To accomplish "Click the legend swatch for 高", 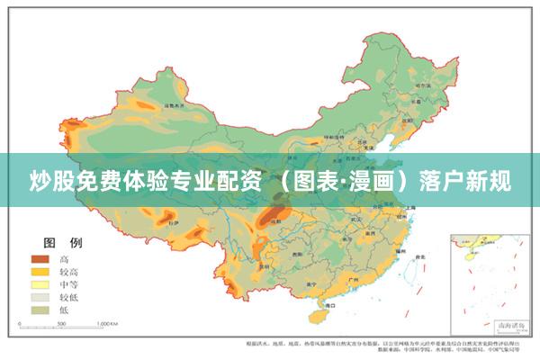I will pos(40,258).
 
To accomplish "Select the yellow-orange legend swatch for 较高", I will pos(40,271).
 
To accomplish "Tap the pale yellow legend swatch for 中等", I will pos(40,283).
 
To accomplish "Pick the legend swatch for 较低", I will pos(40,296).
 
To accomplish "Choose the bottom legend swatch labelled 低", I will pos(40,309).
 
